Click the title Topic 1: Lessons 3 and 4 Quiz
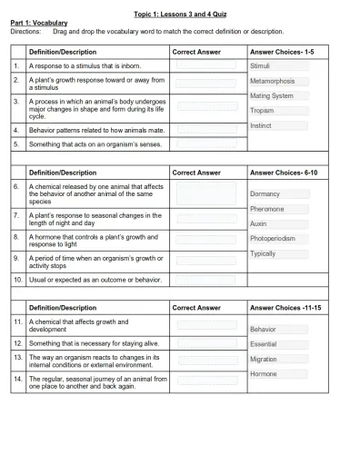tap(180, 14)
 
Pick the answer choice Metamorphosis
tap(274, 81)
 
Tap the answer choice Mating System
tap(272, 95)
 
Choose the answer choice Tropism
tap(262, 110)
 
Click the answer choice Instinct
tap(262, 125)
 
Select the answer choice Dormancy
tap(265, 193)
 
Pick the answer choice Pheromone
tap(267, 209)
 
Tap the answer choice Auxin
tap(259, 223)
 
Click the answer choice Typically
tap(263, 253)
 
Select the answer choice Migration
tap(265, 359)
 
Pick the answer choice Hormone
tap(264, 374)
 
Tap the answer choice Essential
tap(265, 344)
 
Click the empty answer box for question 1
tap(206, 66)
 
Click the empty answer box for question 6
tap(206, 193)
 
